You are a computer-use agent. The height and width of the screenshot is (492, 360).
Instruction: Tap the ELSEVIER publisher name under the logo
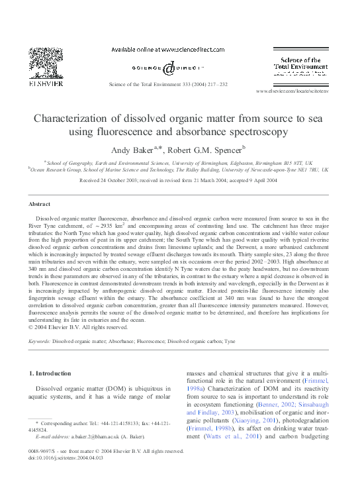pos(46,85)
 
